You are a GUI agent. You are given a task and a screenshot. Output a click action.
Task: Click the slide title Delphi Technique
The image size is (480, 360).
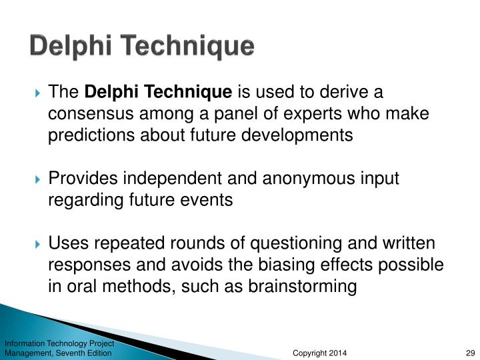pyautogui.click(x=142, y=47)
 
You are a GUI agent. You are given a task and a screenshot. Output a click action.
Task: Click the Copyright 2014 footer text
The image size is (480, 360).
pyautogui.click(x=319, y=353)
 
